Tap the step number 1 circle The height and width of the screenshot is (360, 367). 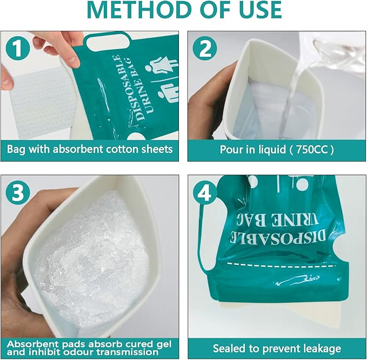[x=18, y=49]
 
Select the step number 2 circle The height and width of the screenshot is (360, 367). [x=205, y=49]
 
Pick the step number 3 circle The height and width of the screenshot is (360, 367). [x=18, y=192]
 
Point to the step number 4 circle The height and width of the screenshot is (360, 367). [x=205, y=192]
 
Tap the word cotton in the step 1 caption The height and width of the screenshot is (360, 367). [x=122, y=149]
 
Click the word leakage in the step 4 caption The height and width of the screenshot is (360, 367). [x=321, y=349]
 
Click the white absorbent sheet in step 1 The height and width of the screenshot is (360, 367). [x=40, y=102]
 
